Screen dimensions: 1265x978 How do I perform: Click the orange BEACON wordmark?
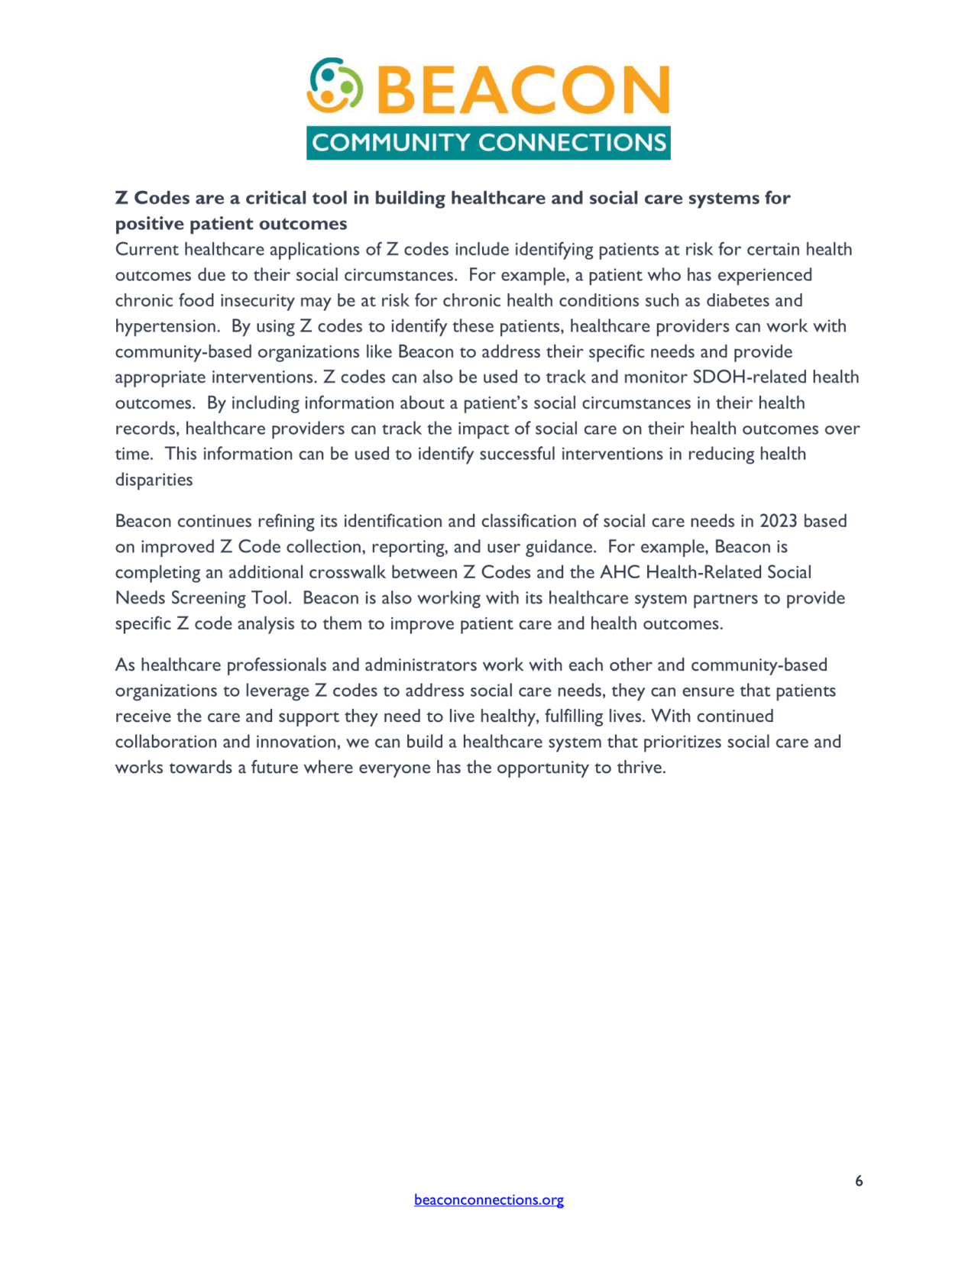click(x=523, y=90)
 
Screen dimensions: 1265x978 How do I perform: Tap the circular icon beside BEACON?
click(x=334, y=85)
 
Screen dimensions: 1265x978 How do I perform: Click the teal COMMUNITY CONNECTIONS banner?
click(x=488, y=143)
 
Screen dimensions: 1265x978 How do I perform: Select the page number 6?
click(x=859, y=1181)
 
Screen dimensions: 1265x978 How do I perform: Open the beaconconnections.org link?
click(x=489, y=1200)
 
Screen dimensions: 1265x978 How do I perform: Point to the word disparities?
click(x=154, y=480)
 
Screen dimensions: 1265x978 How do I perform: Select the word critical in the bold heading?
click(x=273, y=198)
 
